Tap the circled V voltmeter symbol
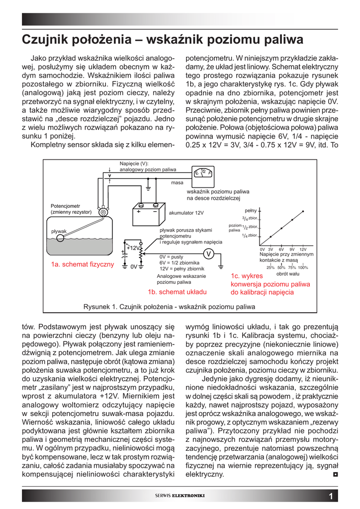pos(209,254)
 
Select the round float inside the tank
pos(60,238)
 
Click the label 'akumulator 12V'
pos(186,213)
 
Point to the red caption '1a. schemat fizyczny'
pos(76,265)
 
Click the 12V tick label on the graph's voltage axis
pos(303,249)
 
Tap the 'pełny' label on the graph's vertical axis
pos(251,211)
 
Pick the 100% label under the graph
pos(303,267)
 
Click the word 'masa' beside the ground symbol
pos(178,183)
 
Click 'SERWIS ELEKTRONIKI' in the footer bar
pos(180,496)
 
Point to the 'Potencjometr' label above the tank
pos(66,205)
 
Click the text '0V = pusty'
pos(172,256)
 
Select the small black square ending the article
pos(335,475)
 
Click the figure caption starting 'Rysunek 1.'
pos(170,307)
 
